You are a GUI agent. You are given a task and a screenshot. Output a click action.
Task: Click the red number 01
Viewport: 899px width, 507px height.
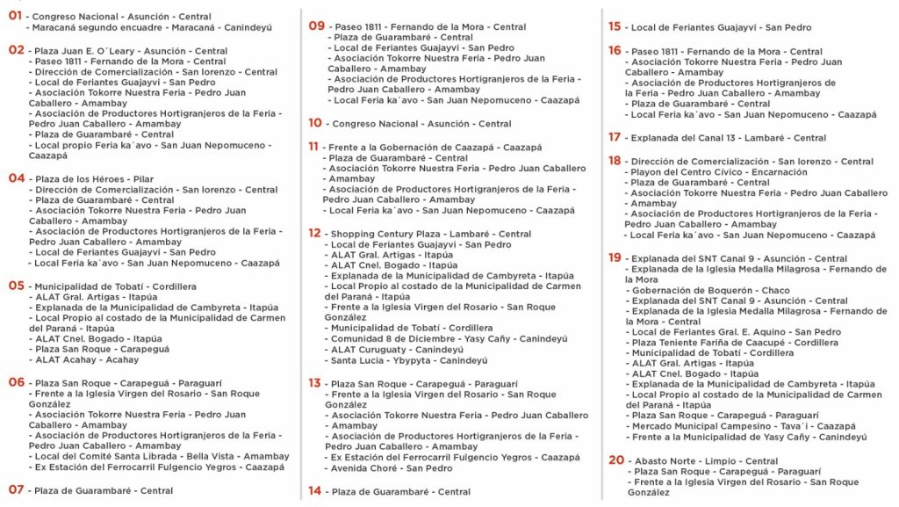(x=15, y=16)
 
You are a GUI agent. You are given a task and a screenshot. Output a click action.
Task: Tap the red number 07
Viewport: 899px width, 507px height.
(x=16, y=489)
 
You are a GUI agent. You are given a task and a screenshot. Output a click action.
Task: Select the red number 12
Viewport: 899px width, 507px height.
(x=314, y=233)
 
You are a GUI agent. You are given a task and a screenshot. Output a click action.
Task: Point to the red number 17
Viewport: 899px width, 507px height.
(x=615, y=137)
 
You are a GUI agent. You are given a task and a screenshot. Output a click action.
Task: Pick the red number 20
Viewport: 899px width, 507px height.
(x=615, y=460)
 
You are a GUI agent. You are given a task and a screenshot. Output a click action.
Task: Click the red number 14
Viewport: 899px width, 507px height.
(x=314, y=491)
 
